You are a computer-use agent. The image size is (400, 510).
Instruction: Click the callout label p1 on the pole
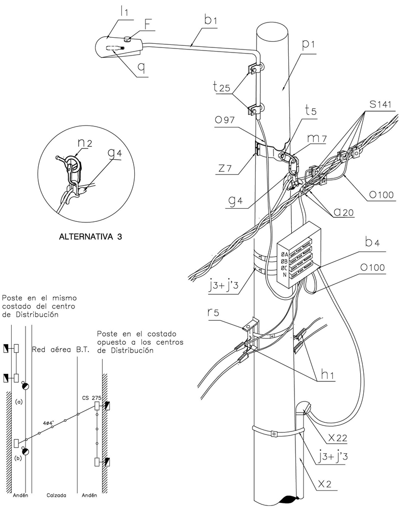click(308, 45)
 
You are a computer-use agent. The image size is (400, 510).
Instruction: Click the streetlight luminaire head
click(116, 48)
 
